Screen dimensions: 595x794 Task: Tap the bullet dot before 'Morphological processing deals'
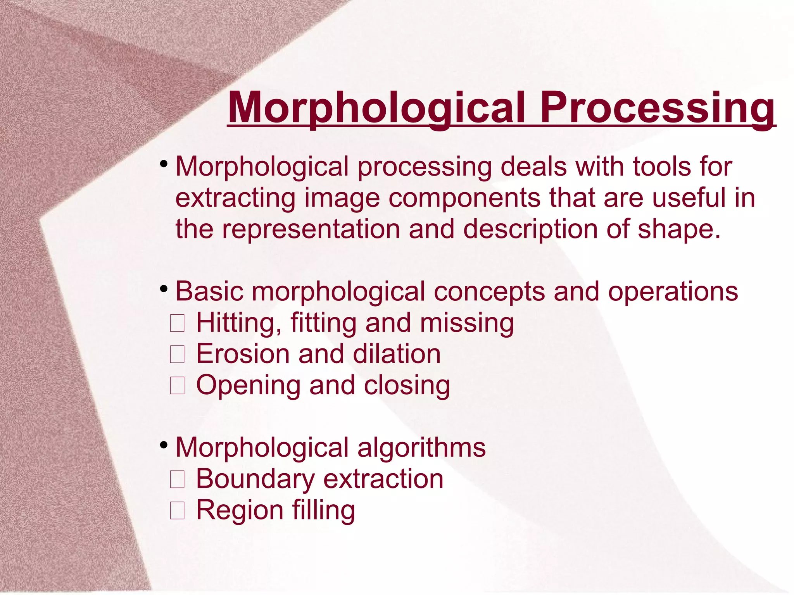164,164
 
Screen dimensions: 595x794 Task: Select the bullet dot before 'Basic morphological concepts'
164,289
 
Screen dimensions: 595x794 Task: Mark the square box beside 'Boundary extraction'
177,479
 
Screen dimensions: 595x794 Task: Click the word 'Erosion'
243,354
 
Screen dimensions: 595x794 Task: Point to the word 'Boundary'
255,479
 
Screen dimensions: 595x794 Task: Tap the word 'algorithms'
421,448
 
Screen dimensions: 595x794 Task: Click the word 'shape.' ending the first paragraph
679,229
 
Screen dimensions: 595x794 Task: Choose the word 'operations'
673,291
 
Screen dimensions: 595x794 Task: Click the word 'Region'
240,510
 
